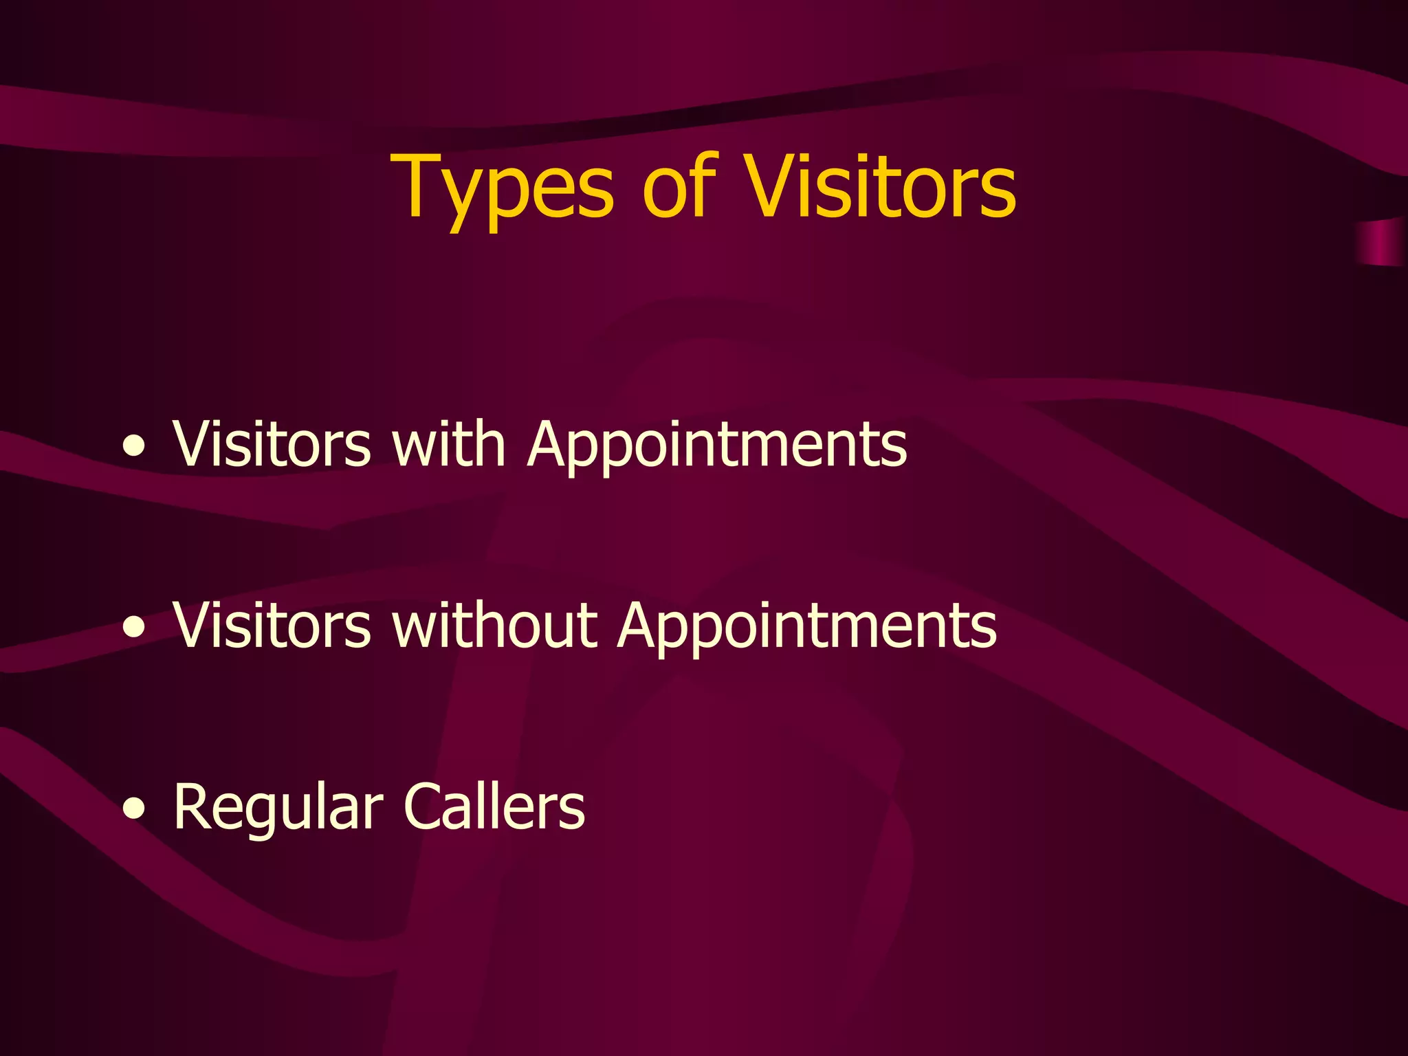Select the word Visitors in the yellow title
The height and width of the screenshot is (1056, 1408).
point(880,186)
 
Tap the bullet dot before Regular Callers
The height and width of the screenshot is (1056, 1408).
point(134,809)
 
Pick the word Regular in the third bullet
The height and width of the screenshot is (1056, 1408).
point(278,808)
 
